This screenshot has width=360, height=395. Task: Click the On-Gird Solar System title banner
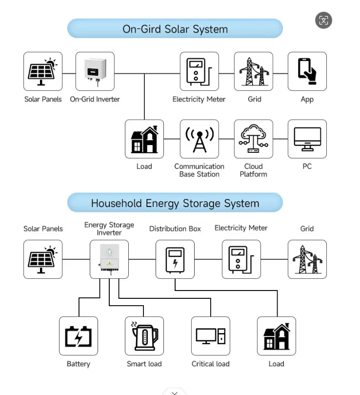(175, 29)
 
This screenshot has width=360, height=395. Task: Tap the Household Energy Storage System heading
(175, 203)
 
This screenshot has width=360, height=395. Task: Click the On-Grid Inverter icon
(95, 72)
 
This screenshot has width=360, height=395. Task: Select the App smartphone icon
(307, 72)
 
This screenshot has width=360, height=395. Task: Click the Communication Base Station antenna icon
(199, 139)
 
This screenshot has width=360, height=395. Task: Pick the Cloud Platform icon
(253, 139)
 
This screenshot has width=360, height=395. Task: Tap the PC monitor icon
(307, 139)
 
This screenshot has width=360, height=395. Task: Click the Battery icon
(78, 336)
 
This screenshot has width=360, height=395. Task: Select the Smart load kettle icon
(144, 336)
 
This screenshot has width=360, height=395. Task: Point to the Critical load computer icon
(210, 336)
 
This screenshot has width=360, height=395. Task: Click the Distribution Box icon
(175, 259)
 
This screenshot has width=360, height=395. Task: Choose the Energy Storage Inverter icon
(109, 259)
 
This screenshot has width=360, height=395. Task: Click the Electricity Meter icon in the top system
(199, 72)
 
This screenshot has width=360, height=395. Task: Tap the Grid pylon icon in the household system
(307, 259)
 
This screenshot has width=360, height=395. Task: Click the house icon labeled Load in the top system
(144, 139)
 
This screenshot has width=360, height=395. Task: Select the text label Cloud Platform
(253, 170)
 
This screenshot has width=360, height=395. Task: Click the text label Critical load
(210, 364)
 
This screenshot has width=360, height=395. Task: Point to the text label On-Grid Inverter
(95, 99)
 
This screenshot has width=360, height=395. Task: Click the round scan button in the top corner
(323, 20)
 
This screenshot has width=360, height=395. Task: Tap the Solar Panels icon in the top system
(43, 72)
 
